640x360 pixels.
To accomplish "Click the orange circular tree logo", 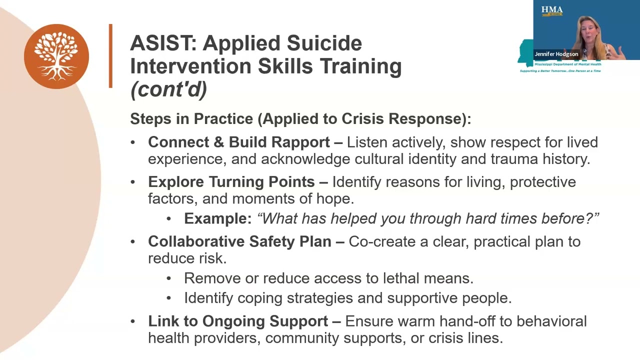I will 56,56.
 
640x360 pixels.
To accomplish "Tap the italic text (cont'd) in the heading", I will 168,89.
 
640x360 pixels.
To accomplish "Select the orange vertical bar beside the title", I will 110,56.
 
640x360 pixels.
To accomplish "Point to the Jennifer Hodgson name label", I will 556,54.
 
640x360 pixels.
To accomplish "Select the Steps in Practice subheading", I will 300,119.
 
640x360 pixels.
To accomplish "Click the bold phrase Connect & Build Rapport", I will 238,142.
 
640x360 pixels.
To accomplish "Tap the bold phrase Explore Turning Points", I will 231,182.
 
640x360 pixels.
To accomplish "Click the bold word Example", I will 217,218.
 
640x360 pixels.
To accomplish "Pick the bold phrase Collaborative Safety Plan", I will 239,241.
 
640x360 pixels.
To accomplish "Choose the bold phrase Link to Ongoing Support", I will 238,321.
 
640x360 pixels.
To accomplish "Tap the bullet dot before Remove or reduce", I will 169,278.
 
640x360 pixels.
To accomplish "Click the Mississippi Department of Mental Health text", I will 567,64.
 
